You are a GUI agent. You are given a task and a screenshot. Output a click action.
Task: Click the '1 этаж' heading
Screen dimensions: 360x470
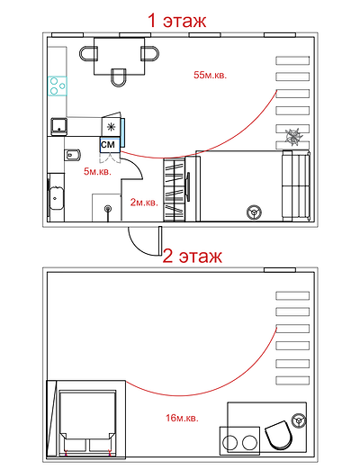176,21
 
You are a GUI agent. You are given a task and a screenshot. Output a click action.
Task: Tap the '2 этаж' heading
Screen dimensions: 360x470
193,257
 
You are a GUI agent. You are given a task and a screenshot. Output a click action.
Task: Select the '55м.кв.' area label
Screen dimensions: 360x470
210,75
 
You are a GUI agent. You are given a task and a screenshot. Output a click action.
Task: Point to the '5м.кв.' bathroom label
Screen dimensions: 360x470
97,172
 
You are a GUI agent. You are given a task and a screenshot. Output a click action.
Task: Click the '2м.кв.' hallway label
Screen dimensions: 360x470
144,203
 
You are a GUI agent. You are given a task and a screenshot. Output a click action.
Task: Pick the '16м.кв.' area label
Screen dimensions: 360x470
182,418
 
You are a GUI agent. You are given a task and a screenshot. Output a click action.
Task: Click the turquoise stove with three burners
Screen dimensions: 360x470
57,86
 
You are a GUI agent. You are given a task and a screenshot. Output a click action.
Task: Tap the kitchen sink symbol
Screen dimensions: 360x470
58,127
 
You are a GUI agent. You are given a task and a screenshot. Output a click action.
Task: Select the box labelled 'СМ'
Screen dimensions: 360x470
110,145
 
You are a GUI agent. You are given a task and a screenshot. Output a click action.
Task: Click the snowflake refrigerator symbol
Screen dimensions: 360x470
112,127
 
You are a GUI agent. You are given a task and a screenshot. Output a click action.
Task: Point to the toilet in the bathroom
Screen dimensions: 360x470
73,155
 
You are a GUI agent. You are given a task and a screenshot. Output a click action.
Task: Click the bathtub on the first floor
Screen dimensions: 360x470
56,197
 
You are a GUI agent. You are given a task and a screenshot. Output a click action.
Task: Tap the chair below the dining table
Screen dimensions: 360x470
119,77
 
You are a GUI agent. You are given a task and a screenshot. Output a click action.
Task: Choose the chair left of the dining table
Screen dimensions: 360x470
88,54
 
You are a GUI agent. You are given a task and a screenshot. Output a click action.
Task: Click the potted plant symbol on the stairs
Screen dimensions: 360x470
294,137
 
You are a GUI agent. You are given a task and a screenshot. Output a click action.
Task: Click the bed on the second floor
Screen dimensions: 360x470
87,421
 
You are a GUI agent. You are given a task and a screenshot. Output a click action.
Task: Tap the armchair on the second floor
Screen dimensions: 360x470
278,435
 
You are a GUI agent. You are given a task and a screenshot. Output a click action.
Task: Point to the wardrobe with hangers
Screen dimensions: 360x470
175,190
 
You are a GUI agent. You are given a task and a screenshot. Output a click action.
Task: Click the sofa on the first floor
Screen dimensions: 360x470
296,185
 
